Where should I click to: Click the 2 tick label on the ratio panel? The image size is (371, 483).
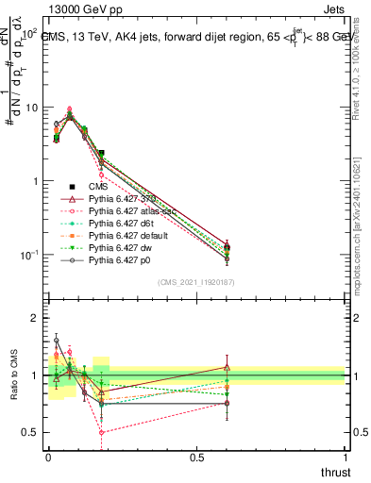[35, 318]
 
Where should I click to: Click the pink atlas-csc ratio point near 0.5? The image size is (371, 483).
[101, 433]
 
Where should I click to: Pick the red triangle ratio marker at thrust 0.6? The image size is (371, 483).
[226, 367]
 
